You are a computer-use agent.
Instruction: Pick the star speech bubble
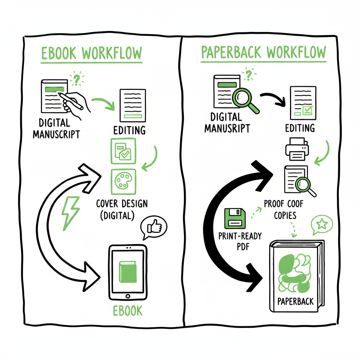tap(321, 225)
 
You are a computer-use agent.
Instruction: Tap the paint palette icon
tap(123, 181)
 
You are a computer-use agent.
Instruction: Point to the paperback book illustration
tap(296, 276)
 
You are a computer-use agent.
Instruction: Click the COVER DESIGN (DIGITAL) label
tap(122, 209)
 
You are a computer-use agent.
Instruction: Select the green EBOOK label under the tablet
tap(127, 310)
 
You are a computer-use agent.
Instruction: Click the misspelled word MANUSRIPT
tap(227, 128)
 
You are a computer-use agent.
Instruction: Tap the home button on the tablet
tap(127, 296)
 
